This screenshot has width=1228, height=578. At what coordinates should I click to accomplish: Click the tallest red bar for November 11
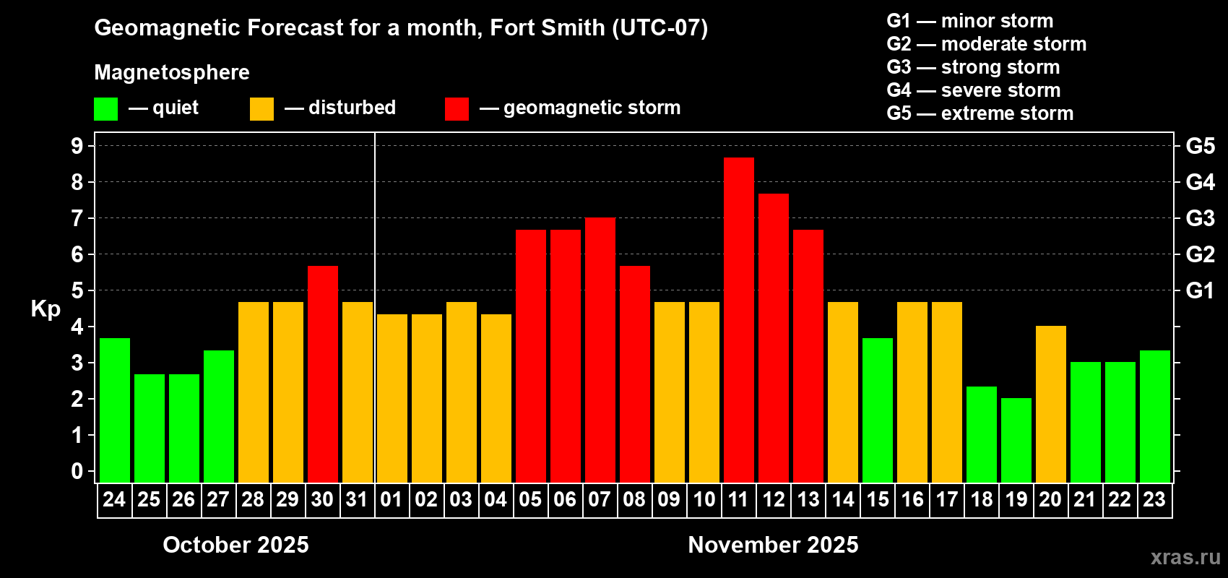(738, 319)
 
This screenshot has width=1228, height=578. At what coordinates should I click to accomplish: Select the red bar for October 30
(322, 374)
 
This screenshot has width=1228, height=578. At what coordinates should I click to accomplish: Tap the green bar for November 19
(1016, 440)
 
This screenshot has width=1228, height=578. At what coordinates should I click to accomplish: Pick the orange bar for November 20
(1050, 404)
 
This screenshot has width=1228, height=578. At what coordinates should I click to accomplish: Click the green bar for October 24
(114, 410)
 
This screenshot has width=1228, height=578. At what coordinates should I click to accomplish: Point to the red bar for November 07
(600, 350)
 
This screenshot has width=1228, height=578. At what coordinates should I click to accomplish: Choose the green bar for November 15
(877, 410)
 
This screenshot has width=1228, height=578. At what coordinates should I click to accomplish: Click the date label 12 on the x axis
(773, 500)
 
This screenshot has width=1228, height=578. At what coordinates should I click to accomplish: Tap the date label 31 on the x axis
(357, 500)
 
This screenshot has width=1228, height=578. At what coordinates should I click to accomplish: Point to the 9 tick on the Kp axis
(77, 146)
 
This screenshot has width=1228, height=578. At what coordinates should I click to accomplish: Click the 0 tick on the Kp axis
(77, 471)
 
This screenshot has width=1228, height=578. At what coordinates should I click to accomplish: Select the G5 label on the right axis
(1200, 146)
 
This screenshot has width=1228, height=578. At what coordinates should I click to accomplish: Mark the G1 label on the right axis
(1200, 290)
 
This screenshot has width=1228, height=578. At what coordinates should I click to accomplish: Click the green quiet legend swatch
(105, 109)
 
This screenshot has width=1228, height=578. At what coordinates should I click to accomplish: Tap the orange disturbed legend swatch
(261, 109)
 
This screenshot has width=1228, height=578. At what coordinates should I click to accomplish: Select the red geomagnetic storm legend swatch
(457, 109)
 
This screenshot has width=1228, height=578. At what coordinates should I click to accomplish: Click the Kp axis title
(46, 309)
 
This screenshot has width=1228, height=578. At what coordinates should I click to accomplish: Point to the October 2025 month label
(235, 545)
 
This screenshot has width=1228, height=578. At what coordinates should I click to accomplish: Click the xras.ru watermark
(1185, 557)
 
